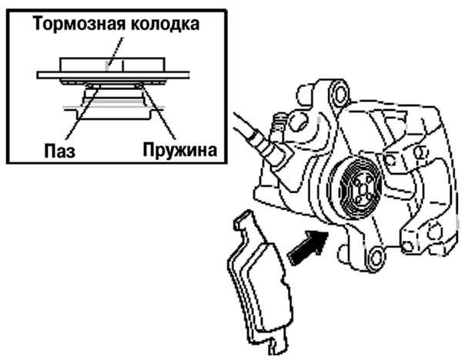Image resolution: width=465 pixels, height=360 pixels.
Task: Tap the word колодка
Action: pyautogui.click(x=166, y=24)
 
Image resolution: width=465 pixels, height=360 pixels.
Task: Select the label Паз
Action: pyautogui.click(x=60, y=150)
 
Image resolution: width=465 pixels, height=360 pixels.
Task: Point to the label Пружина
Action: pyautogui.click(x=179, y=150)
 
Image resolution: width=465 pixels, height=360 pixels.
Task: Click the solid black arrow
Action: pyautogui.click(x=308, y=248)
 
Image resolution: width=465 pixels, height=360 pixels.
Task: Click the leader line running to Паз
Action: pyautogui.click(x=82, y=112)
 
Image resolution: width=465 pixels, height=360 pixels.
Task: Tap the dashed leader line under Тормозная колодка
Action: pyautogui.click(x=115, y=53)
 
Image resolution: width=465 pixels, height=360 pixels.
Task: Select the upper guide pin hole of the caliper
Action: pyautogui.click(x=339, y=93)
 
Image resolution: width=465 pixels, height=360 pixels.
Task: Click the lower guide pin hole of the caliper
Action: pyautogui.click(x=376, y=257)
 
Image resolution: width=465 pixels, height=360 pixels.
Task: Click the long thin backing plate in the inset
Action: pyautogui.click(x=113, y=75)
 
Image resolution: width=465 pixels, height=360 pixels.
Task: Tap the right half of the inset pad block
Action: pyautogui.click(x=143, y=65)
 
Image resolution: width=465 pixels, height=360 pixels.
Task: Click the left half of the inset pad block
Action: pyautogui.click(x=91, y=65)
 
